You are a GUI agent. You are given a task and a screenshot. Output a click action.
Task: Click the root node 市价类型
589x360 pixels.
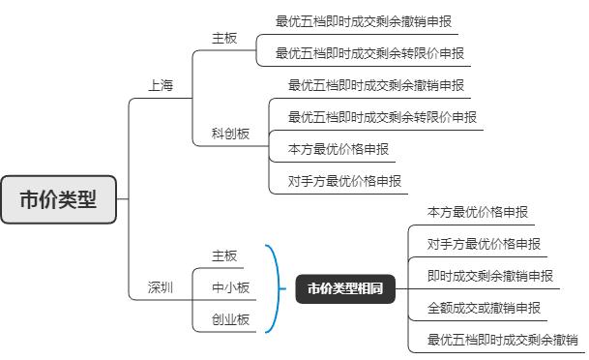[58, 200]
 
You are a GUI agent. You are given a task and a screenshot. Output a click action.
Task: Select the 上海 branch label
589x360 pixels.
[161, 86]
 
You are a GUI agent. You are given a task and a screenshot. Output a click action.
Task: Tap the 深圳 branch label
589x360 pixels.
[161, 287]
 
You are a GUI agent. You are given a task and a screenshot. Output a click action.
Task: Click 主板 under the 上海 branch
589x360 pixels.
[224, 38]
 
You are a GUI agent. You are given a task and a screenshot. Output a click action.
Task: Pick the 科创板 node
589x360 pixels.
[230, 134]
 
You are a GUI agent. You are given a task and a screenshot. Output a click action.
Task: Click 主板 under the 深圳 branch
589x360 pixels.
[224, 255]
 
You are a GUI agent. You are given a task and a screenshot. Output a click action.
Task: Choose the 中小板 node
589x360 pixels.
[230, 287]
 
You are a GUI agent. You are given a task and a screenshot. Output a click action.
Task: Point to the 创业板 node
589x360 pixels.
[230, 319]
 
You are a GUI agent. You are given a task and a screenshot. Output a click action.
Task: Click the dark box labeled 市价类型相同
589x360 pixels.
[345, 288]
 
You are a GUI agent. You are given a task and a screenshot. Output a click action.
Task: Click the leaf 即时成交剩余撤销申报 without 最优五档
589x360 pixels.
[489, 276]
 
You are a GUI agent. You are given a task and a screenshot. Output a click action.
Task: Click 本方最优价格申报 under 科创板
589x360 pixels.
[339, 150]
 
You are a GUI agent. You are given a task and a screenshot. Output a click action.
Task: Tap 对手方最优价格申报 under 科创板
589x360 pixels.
[344, 181]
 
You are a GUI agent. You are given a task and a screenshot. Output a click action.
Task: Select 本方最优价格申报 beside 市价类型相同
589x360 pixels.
[477, 212]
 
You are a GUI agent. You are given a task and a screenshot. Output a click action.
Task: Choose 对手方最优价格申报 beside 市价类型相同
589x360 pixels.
[483, 244]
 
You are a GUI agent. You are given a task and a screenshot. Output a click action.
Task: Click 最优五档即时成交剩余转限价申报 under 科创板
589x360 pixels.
[382, 117]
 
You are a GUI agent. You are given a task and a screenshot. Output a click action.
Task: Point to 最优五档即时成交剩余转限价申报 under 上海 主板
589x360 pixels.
[368, 52]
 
